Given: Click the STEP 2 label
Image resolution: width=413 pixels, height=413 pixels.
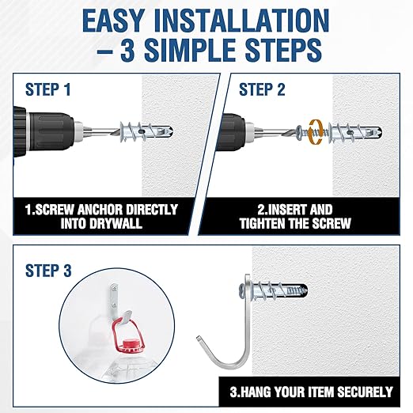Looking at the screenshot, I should click(x=263, y=89).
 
